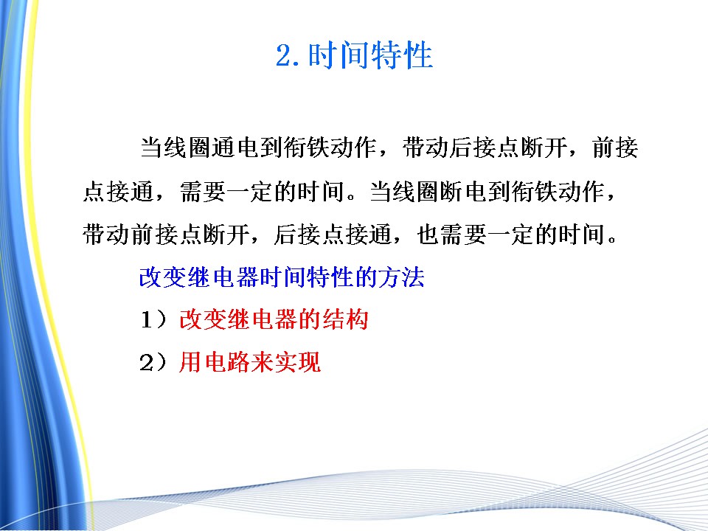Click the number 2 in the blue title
click(285, 55)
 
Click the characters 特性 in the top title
click(401, 55)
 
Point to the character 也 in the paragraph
click(428, 235)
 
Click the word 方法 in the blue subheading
click(401, 277)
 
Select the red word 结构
click(345, 319)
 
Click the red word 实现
click(297, 362)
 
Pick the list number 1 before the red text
click(147, 319)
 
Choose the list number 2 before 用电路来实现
click(147, 363)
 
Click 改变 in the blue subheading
click(162, 277)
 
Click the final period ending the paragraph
click(612, 240)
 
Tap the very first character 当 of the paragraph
click(152, 147)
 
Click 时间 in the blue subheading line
click(282, 277)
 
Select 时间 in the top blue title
click(339, 55)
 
